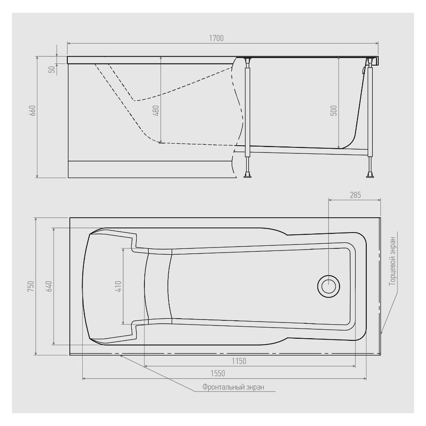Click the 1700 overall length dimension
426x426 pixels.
[x=216, y=38]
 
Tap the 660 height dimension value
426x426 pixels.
[x=32, y=111]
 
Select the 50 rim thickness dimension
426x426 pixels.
[x=52, y=69]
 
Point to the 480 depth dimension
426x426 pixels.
[x=156, y=111]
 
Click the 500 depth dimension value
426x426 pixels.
[x=334, y=111]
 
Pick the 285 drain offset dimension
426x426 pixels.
[x=355, y=195]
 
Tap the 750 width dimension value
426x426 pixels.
[x=31, y=286]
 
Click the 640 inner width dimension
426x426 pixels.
[x=49, y=286]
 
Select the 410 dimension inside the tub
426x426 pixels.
[x=118, y=286]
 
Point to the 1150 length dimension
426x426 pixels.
[x=239, y=361]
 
